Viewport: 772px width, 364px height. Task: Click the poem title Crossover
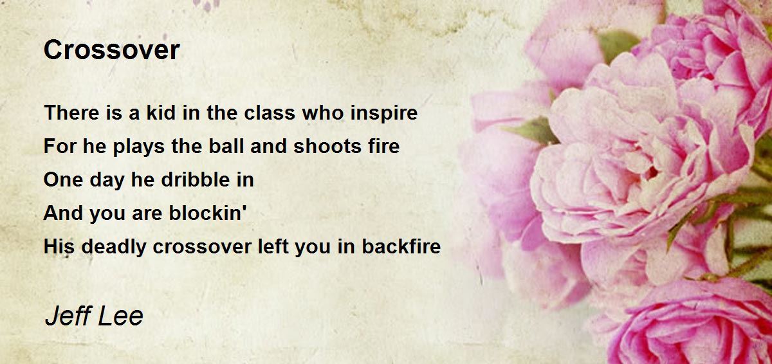pyautogui.click(x=111, y=50)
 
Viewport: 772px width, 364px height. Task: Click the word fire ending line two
pyautogui.click(x=385, y=147)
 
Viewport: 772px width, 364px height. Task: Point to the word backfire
pyautogui.click(x=401, y=247)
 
